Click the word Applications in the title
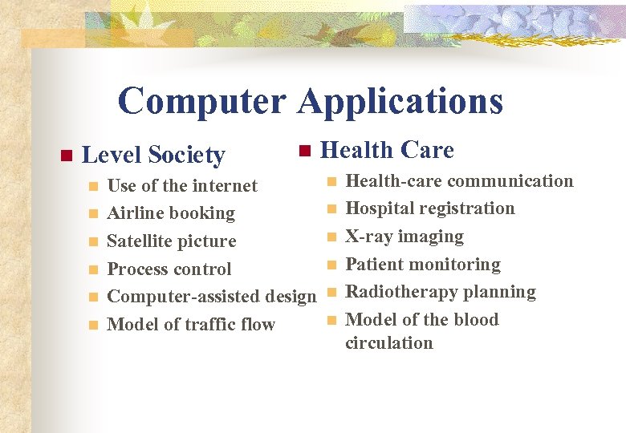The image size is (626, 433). pyautogui.click(x=400, y=102)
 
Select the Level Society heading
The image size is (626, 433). pyautogui.click(x=153, y=155)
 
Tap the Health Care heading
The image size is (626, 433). pyautogui.click(x=387, y=150)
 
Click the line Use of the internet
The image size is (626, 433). pyautogui.click(x=182, y=186)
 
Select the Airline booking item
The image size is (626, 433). pyautogui.click(x=171, y=213)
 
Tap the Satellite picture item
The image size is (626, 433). pyautogui.click(x=172, y=241)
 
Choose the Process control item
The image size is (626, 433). pyautogui.click(x=169, y=269)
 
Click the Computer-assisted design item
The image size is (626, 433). pyautogui.click(x=212, y=297)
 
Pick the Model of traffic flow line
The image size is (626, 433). pyautogui.click(x=191, y=325)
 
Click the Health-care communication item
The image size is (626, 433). pyautogui.click(x=459, y=181)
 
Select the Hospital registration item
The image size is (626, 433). pyautogui.click(x=429, y=208)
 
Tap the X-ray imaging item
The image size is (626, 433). pyautogui.click(x=404, y=237)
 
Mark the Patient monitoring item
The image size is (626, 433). pyautogui.click(x=422, y=265)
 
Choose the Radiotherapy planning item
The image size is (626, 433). pyautogui.click(x=440, y=292)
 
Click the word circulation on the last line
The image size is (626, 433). pyautogui.click(x=388, y=343)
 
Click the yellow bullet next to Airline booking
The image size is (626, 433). pyautogui.click(x=93, y=214)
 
